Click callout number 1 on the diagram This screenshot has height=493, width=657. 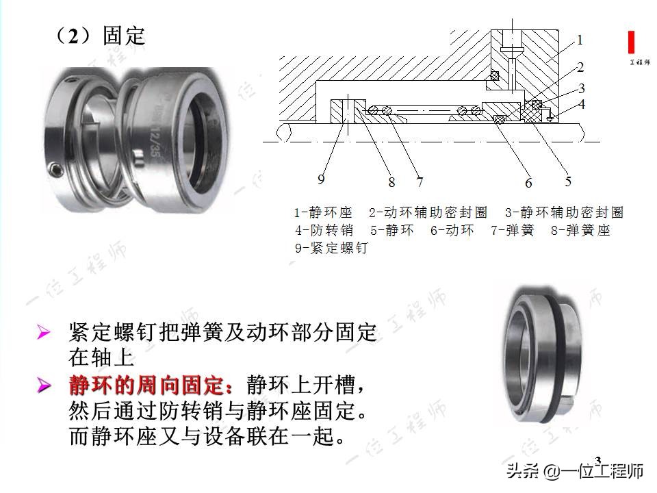pos(580,40)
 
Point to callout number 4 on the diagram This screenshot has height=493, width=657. pos(581,105)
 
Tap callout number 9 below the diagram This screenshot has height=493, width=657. pos(321,180)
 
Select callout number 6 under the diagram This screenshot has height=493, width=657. pos(528,183)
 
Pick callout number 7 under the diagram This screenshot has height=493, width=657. pos(420,183)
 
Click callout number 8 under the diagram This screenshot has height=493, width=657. pos(391,183)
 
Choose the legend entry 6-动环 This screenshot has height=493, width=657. pos(452,231)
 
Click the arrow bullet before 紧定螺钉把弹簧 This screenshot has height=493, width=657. pos(44,333)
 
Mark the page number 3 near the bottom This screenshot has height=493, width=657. pos(597,459)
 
